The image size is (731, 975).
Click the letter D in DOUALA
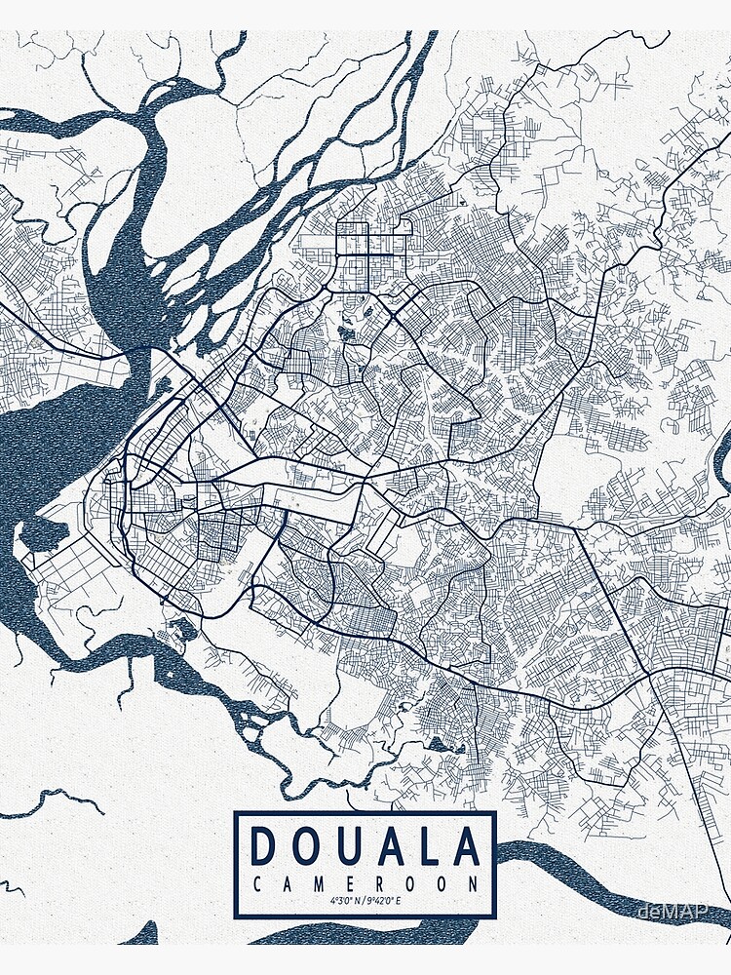point(263,846)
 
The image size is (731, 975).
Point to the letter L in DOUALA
point(427,846)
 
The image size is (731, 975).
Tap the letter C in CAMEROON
point(256,884)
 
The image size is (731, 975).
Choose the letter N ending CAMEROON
point(473,884)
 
